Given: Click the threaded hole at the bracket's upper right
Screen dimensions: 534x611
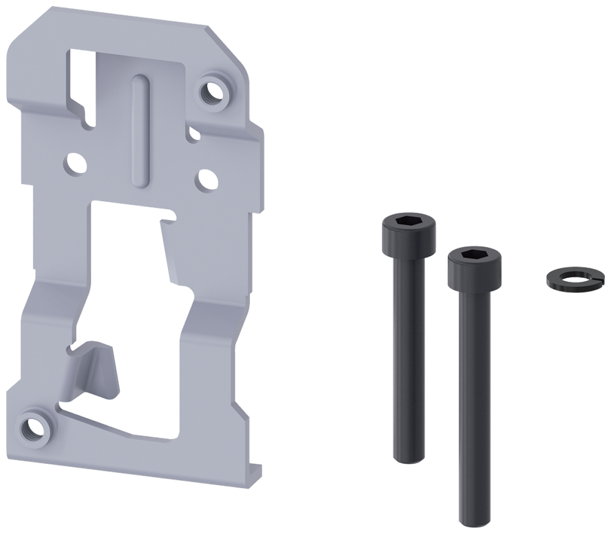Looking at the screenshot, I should point(211,92).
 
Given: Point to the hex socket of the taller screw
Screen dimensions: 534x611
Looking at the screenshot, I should point(408,222).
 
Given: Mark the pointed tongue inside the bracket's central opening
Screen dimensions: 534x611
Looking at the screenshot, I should point(171,250).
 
